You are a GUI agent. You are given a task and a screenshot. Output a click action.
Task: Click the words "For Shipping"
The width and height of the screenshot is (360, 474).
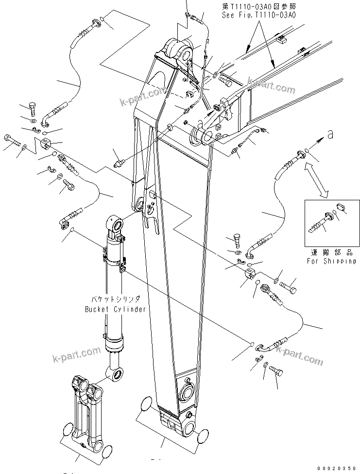(x=331, y=261)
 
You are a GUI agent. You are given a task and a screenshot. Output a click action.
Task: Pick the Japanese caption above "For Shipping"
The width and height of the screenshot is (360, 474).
(x=330, y=253)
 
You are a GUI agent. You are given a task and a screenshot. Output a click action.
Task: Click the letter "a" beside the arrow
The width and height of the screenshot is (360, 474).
(x=330, y=136)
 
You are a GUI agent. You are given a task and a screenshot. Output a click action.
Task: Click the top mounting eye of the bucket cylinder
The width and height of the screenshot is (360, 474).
(x=116, y=224)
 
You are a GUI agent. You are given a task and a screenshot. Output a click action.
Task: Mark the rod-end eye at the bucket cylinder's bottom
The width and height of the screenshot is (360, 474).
(x=116, y=374)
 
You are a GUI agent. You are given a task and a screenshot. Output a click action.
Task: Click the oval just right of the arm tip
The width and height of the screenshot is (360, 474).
(x=205, y=437)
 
